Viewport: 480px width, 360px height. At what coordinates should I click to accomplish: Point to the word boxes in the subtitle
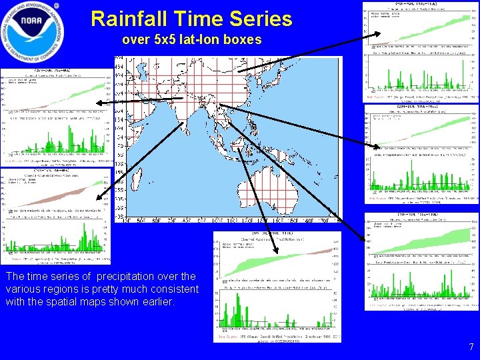click(243, 40)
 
